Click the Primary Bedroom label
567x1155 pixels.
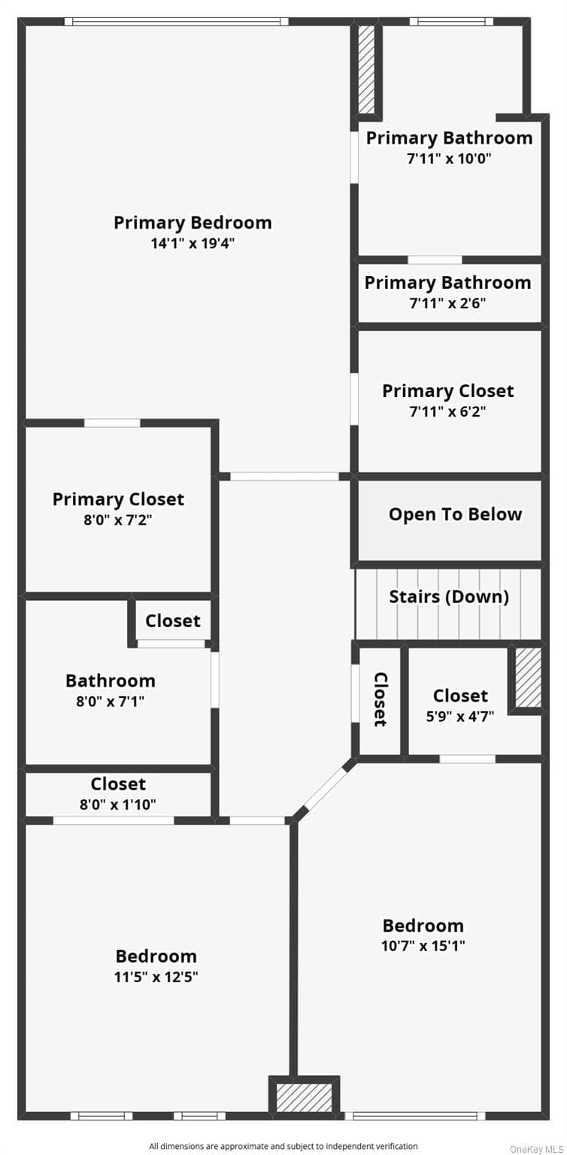point(193,223)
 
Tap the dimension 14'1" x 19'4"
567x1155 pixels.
point(193,243)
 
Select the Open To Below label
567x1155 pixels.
point(455,514)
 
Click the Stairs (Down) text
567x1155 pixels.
point(449,596)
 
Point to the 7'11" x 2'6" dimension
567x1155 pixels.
point(448,303)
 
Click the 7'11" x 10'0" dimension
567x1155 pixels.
point(449,158)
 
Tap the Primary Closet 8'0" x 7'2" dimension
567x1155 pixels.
point(118,520)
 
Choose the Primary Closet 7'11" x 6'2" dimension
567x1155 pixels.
point(448,411)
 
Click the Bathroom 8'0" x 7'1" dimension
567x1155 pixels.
point(111,701)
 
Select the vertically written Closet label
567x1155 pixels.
point(381,699)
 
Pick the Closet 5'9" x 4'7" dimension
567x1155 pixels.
point(459,716)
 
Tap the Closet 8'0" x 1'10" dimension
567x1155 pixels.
point(118,804)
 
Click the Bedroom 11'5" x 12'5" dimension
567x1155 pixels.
point(156,976)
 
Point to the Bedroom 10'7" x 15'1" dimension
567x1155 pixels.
point(423,945)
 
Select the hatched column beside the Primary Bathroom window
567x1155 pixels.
point(366,70)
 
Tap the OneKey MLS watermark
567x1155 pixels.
point(537,1149)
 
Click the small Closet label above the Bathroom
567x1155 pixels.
point(173,620)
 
